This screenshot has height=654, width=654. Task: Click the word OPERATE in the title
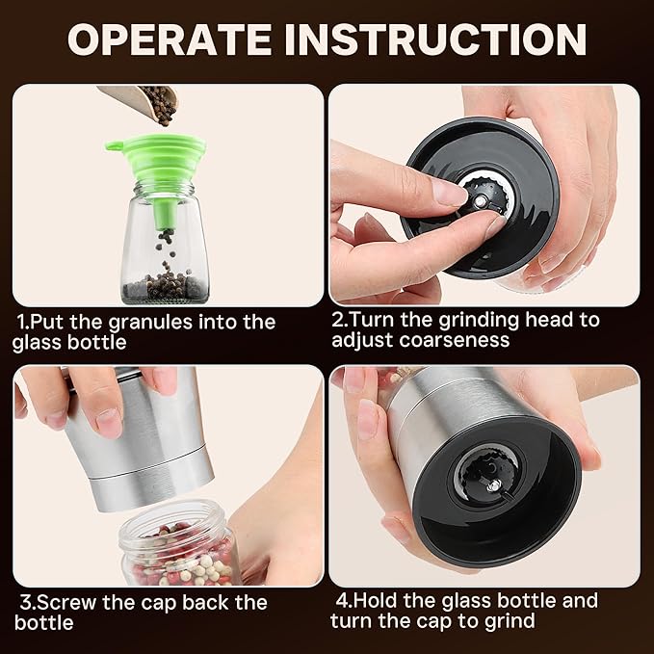pos(169,39)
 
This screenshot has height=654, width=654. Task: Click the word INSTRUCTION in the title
pos(435,39)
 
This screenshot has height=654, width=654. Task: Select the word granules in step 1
pos(150,323)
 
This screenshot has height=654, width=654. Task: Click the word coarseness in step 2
pos(455,340)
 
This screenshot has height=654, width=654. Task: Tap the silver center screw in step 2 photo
pos(481,201)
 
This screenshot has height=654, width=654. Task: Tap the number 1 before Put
pos(22,322)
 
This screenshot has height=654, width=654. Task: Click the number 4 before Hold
pos(342,601)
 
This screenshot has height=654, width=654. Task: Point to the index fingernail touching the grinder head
pos(452,193)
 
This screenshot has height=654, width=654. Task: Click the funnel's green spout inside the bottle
pos(166,215)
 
